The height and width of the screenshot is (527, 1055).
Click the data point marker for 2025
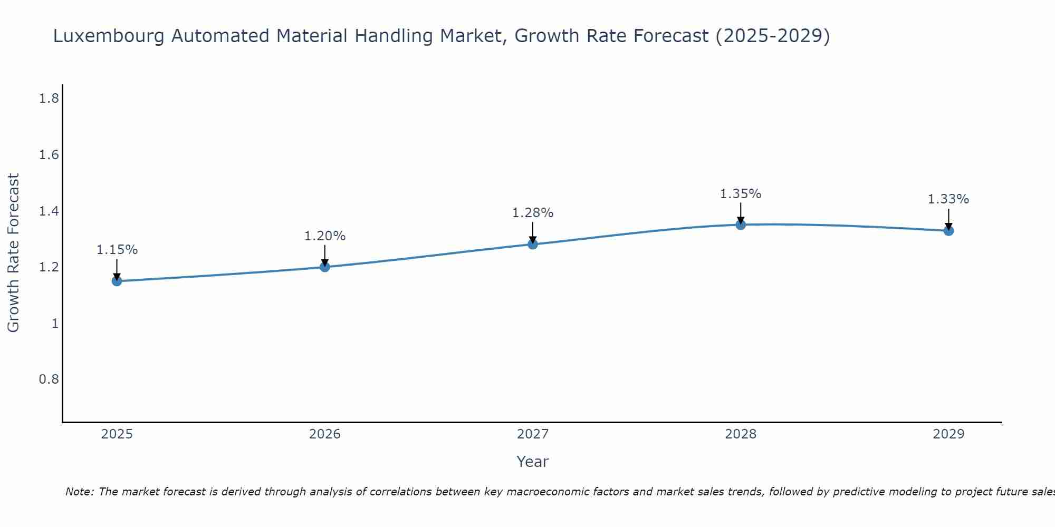pyautogui.click(x=117, y=281)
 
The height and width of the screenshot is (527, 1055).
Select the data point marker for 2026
pyautogui.click(x=325, y=267)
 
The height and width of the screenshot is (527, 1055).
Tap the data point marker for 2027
pyautogui.click(x=533, y=244)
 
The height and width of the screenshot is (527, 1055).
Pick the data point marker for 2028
pyautogui.click(x=741, y=225)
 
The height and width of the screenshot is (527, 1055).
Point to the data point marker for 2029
pyautogui.click(x=948, y=230)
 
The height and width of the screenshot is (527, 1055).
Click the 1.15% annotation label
pyautogui.click(x=117, y=250)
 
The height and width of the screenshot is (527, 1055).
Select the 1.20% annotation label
pyautogui.click(x=325, y=236)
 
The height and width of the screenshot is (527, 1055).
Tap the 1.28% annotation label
pyautogui.click(x=533, y=213)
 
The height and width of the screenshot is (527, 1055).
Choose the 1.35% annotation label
pyautogui.click(x=741, y=194)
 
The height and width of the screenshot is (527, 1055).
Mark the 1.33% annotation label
pyautogui.click(x=948, y=199)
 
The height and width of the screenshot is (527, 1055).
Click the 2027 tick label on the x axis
pyautogui.click(x=533, y=434)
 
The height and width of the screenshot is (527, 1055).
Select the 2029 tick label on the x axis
pyautogui.click(x=948, y=434)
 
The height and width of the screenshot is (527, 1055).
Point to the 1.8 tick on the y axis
pyautogui.click(x=49, y=98)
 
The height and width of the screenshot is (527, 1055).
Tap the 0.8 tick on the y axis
pyautogui.click(x=49, y=379)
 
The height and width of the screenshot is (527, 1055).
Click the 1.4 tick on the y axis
pyautogui.click(x=49, y=211)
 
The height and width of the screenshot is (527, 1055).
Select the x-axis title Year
pyautogui.click(x=533, y=462)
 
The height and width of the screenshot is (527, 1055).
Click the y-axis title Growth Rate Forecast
pyautogui.click(x=13, y=253)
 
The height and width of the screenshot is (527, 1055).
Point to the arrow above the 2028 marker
pyautogui.click(x=741, y=213)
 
